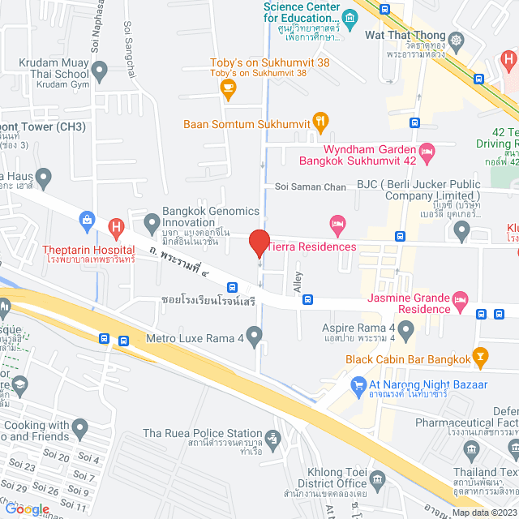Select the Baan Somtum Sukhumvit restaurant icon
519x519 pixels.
click(320, 123)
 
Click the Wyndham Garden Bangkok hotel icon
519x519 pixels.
click(427, 150)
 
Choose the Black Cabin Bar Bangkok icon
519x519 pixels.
click(480, 355)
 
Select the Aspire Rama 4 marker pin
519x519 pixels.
click(406, 330)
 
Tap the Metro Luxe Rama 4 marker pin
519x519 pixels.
click(255, 334)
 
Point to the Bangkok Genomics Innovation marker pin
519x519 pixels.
click(152, 221)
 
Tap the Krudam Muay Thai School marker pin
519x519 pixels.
click(101, 71)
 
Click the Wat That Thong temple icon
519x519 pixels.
click(458, 39)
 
